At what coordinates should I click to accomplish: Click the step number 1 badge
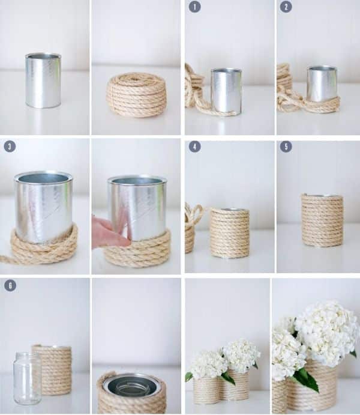[x=194, y=7]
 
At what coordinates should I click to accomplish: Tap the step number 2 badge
[x=286, y=7]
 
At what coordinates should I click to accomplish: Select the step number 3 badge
[x=10, y=146]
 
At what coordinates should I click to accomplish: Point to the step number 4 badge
[x=194, y=147]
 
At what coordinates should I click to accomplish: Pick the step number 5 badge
[x=286, y=147]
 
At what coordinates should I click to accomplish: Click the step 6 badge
[x=10, y=285]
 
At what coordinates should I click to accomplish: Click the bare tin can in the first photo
[x=43, y=80]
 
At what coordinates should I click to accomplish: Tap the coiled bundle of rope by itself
[x=136, y=95]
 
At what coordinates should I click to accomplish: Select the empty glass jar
[x=27, y=378]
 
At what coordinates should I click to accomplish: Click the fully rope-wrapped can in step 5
[x=322, y=220]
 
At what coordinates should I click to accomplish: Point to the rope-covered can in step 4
[x=230, y=233]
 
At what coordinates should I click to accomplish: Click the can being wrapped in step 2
[x=322, y=84]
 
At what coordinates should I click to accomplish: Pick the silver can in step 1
[x=227, y=91]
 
